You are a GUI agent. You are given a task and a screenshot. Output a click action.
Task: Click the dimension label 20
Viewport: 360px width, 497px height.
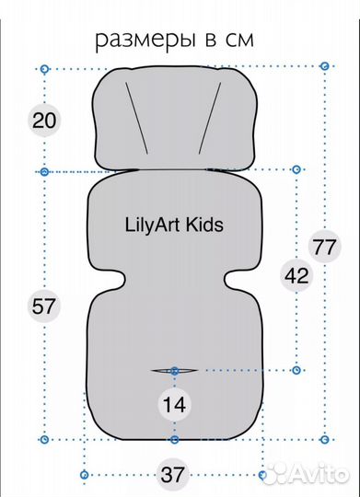[44, 121]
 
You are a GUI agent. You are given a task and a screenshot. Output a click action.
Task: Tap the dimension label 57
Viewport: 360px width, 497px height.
[43, 306]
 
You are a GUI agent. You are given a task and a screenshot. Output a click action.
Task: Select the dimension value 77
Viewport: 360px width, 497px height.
[324, 247]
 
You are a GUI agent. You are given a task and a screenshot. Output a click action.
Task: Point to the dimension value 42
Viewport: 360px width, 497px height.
[296, 275]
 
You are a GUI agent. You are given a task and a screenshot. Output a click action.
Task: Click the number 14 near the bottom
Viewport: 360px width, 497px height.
[174, 405]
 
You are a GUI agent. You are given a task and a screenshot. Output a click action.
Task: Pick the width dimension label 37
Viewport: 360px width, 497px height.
[172, 475]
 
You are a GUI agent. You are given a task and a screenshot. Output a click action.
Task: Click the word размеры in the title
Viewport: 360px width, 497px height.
[145, 41]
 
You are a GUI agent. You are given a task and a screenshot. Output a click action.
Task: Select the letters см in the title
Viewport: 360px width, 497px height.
[239, 40]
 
